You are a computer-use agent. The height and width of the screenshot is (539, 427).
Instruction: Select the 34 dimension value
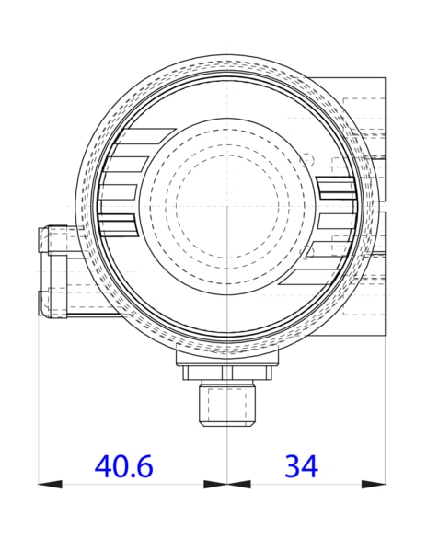(x=300, y=466)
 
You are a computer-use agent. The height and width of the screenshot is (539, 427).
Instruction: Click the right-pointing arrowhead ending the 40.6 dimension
(x=216, y=484)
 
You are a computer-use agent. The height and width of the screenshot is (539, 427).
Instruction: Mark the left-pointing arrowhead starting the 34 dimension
(x=238, y=484)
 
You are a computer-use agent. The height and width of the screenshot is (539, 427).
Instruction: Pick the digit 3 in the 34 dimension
(x=291, y=466)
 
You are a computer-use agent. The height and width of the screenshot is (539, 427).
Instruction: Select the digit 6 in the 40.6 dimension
(x=144, y=466)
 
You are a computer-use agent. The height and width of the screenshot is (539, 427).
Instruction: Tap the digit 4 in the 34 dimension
(x=310, y=466)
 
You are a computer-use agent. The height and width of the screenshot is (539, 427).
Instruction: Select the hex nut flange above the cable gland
(x=226, y=373)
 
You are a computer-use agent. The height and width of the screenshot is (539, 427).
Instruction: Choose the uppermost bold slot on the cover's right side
(x=336, y=188)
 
